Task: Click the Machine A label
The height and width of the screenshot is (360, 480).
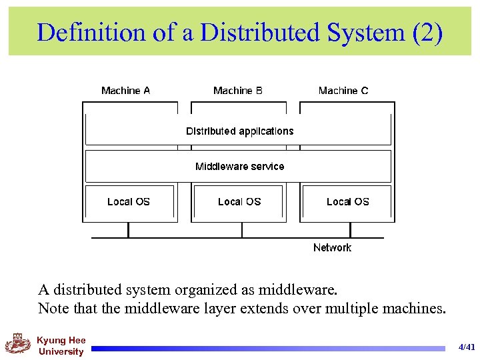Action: (125, 91)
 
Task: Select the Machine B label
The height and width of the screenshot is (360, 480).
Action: (238, 91)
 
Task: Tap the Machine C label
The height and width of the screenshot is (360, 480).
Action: (343, 91)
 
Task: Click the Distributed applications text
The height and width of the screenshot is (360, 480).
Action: (239, 131)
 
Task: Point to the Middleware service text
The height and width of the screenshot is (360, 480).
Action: (239, 167)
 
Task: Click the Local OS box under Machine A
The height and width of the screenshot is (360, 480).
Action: (129, 202)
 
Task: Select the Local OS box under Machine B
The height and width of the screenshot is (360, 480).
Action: (239, 202)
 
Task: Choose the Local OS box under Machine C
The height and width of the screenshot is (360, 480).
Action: (347, 202)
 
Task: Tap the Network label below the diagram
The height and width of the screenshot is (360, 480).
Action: (332, 248)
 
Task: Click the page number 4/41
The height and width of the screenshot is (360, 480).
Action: (467, 347)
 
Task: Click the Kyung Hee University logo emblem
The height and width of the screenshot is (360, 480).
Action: (18, 345)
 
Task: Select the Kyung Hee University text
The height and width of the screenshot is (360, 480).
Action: (61, 346)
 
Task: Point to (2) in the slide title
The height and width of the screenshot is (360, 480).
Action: (427, 32)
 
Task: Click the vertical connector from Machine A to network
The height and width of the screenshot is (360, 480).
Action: (128, 230)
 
